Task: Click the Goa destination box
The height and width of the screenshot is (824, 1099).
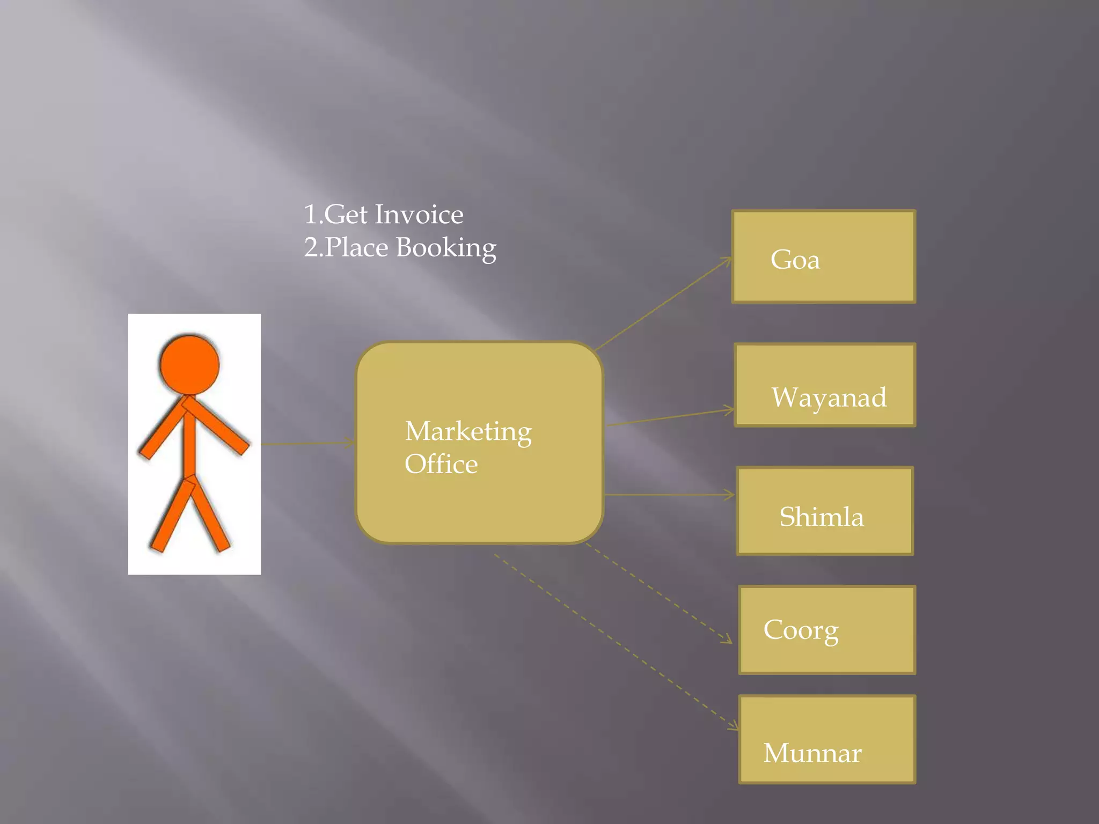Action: pos(823,256)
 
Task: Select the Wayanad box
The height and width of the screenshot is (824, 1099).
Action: pos(825,385)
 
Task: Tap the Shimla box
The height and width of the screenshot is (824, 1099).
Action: pos(825,511)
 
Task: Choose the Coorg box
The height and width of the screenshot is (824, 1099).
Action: pos(826,630)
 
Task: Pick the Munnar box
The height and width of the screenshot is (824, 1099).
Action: pos(826,739)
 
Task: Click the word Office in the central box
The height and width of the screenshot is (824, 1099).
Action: pos(441,465)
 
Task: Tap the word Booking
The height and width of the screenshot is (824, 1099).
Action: pos(446,248)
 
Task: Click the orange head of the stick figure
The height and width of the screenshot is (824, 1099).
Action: pos(190,365)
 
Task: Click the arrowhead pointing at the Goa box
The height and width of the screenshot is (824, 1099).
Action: pos(727,261)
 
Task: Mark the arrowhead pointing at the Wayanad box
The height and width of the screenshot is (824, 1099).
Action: pos(730,411)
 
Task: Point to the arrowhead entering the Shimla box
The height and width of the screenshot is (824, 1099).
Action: pos(731,495)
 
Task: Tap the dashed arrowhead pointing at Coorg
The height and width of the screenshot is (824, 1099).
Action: pos(727,639)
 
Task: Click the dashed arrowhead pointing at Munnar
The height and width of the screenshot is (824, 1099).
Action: pos(733,726)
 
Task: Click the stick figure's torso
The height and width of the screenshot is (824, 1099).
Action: pos(189,443)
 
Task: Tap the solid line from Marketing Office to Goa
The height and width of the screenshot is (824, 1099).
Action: pos(663,304)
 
